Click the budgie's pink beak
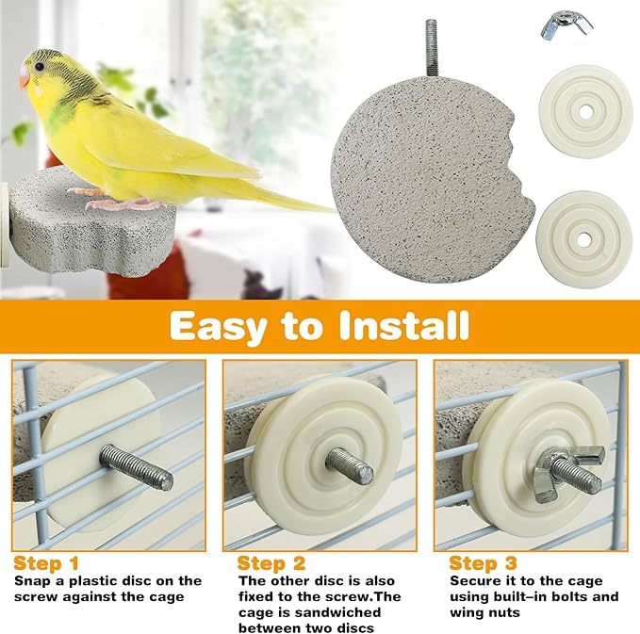pos(24,78)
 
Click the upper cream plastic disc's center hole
pos(585,112)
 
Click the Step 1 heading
pos(46,563)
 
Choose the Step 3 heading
pos(483,563)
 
